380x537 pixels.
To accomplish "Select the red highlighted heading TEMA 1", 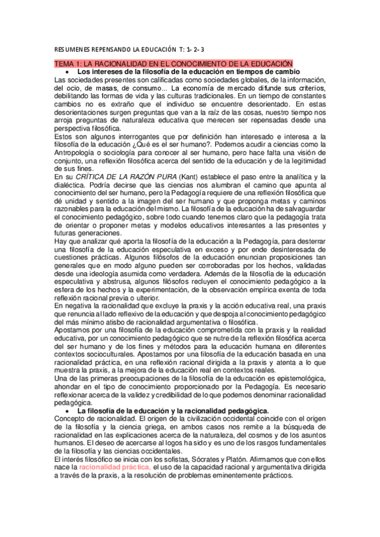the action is [x=173, y=64].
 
